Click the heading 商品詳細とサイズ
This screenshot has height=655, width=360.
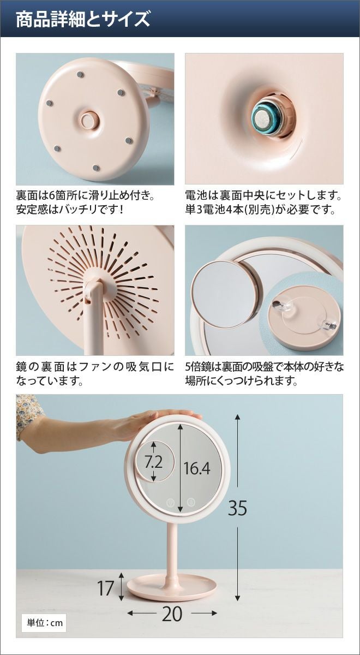(x=83, y=20)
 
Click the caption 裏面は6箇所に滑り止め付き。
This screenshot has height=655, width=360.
(x=85, y=195)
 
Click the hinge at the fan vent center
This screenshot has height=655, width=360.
(x=93, y=289)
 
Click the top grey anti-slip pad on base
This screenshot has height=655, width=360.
(x=80, y=75)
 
